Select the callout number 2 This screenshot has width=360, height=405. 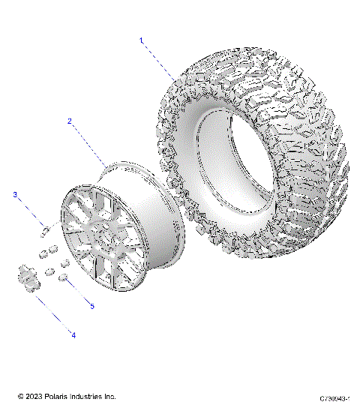click(x=70, y=121)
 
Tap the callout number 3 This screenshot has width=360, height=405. click(x=14, y=195)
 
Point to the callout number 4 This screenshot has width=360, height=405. click(x=73, y=334)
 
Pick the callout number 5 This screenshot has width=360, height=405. click(x=92, y=306)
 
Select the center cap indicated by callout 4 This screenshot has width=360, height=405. click(x=25, y=276)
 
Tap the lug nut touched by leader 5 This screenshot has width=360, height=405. click(x=65, y=279)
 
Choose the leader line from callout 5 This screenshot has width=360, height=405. click(x=79, y=292)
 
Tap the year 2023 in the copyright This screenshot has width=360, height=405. click(x=34, y=395)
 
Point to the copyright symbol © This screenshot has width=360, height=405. click(x=20, y=395)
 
